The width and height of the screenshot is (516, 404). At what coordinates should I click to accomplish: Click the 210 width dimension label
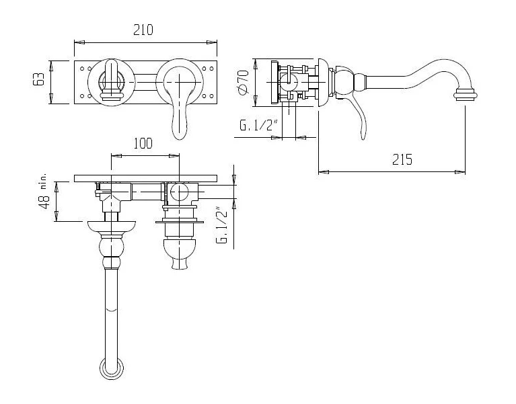pyautogui.click(x=143, y=30)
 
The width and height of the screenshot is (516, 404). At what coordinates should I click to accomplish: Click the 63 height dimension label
pyautogui.click(x=38, y=79)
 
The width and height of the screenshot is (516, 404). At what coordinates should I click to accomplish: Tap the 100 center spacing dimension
pyautogui.click(x=143, y=143)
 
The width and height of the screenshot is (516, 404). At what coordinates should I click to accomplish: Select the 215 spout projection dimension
pyautogui.click(x=402, y=159)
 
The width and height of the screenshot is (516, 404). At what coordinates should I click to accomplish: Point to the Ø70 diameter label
pyautogui.click(x=243, y=82)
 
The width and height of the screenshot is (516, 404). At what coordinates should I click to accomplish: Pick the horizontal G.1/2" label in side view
pyautogui.click(x=259, y=125)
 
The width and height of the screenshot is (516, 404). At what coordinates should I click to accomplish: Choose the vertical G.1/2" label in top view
pyautogui.click(x=222, y=225)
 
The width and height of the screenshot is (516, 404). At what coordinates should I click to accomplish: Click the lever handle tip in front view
pyautogui.click(x=180, y=129)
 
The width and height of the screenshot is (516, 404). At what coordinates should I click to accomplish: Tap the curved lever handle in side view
pyautogui.click(x=360, y=115)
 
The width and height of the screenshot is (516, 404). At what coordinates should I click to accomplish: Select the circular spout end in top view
pyautogui.click(x=112, y=369)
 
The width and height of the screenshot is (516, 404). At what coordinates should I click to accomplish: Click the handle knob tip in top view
pyautogui.click(x=180, y=264)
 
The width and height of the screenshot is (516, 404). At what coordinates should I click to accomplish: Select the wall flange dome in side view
pyautogui.click(x=324, y=82)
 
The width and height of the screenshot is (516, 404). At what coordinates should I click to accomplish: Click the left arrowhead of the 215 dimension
pyautogui.click(x=324, y=172)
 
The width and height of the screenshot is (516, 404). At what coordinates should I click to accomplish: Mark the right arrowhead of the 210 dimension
pyautogui.click(x=212, y=42)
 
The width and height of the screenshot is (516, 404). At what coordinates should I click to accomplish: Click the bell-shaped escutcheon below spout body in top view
pyautogui.click(x=112, y=227)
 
